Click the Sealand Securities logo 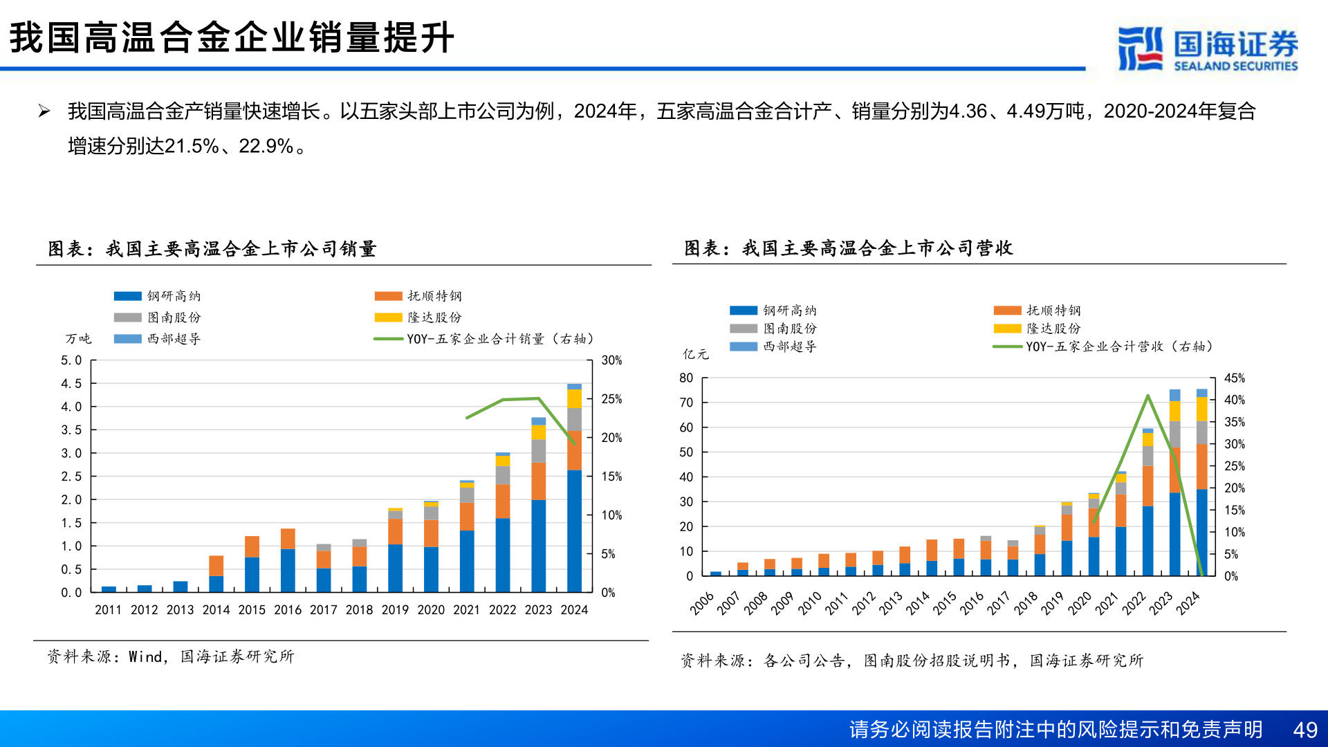click(x=1207, y=48)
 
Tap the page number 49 click(x=1305, y=730)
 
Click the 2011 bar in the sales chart click(x=109, y=589)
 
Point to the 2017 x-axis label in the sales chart click(x=323, y=610)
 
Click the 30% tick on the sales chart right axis click(x=611, y=360)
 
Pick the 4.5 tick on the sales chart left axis click(x=71, y=383)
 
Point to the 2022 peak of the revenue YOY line click(x=1147, y=396)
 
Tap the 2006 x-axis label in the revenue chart click(x=701, y=603)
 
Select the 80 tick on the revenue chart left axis click(x=685, y=378)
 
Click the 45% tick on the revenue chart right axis click(x=1234, y=378)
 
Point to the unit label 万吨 click(x=78, y=339)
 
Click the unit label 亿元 click(x=695, y=354)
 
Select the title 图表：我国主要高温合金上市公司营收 click(x=848, y=248)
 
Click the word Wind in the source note click(x=145, y=656)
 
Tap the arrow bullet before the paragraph click(x=44, y=111)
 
